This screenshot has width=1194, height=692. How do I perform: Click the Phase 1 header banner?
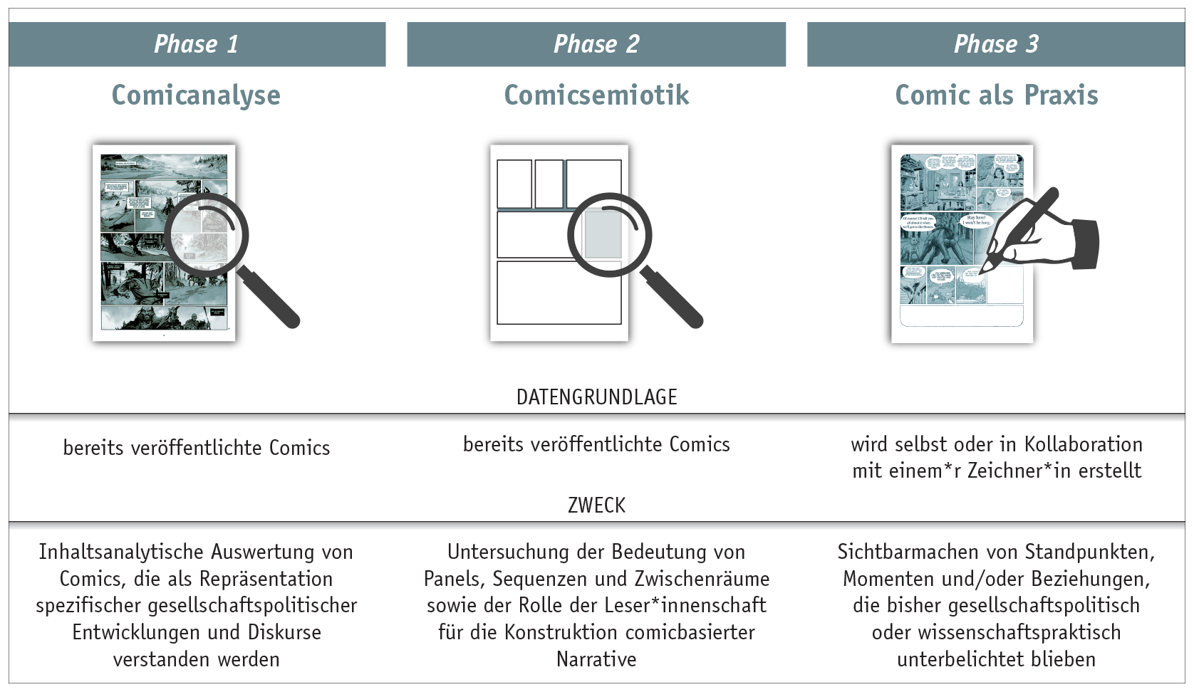pyautogui.click(x=197, y=44)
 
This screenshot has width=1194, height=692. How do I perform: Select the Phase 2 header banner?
pyautogui.click(x=596, y=44)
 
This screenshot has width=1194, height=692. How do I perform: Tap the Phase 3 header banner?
pyautogui.click(x=996, y=44)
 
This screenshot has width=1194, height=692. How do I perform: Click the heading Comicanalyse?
pyautogui.click(x=196, y=95)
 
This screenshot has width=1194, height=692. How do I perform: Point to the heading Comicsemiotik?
pyautogui.click(x=596, y=95)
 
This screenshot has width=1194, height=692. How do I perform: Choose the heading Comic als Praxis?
pyautogui.click(x=996, y=95)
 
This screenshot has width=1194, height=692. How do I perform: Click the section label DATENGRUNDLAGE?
pyautogui.click(x=596, y=397)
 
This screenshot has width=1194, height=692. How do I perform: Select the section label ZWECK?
pyautogui.click(x=596, y=505)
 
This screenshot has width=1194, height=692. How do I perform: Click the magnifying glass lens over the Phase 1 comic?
pyautogui.click(x=206, y=236)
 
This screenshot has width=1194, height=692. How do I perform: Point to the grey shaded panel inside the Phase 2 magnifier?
pyautogui.click(x=603, y=235)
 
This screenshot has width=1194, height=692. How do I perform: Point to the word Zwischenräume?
pyautogui.click(x=702, y=579)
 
